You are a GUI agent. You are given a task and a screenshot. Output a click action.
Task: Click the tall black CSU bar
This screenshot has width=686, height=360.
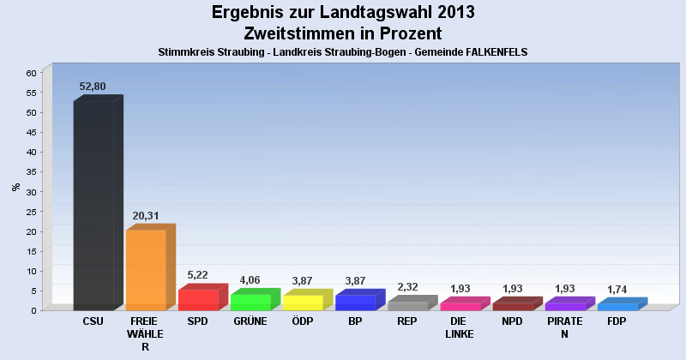(93, 205)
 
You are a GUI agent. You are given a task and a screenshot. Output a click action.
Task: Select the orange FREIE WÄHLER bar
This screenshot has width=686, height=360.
(146, 269)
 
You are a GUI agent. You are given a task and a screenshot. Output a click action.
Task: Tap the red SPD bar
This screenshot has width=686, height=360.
(198, 299)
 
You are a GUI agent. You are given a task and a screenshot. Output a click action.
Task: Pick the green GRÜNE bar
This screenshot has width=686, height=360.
(250, 301)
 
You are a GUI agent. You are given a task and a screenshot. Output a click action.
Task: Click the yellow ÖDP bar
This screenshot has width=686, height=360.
(303, 302)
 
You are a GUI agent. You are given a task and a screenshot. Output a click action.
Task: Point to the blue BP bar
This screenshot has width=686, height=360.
(355, 302)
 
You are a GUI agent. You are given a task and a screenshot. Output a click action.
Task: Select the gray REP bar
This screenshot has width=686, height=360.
(407, 305)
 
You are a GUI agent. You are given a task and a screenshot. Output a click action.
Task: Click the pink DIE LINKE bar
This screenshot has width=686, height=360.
(460, 306)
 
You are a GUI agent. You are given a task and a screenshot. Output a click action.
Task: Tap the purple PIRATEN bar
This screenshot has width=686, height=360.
(564, 306)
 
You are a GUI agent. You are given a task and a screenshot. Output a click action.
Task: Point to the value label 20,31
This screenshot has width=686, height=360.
(145, 215)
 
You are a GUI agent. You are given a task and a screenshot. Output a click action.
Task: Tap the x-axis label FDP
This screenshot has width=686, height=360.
(617, 321)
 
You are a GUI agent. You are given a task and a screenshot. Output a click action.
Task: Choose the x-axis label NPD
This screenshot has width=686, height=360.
(512, 321)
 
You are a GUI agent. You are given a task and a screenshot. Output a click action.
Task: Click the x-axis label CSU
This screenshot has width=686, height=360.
(93, 321)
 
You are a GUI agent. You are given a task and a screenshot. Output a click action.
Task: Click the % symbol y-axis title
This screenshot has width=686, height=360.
(15, 187)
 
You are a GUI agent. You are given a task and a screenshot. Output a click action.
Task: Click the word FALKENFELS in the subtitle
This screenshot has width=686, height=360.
(493, 52)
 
